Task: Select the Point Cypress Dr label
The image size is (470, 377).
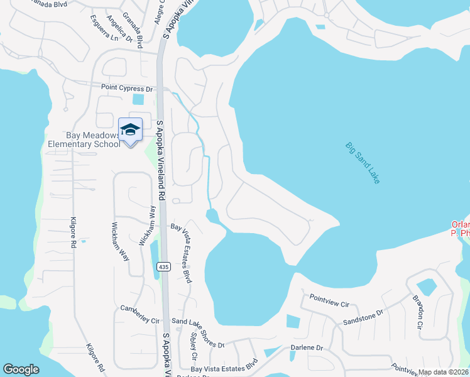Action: (x=128, y=89)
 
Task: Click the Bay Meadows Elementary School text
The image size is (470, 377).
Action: (x=84, y=139)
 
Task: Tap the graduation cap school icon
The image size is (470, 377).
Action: (x=130, y=129)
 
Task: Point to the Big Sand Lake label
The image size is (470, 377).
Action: (x=363, y=163)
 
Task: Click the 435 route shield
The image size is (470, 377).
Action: (x=164, y=266)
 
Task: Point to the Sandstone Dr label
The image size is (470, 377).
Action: (x=363, y=317)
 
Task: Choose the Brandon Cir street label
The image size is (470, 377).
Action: (x=417, y=312)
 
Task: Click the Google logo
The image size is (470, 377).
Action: (x=21, y=369)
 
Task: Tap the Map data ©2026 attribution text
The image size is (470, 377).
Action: (x=444, y=372)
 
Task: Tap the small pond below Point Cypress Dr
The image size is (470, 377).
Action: (x=138, y=99)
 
